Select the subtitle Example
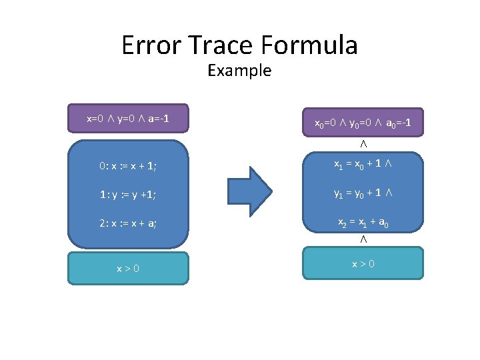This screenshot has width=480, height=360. click(239, 70)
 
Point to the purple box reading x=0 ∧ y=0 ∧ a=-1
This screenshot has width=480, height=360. click(128, 119)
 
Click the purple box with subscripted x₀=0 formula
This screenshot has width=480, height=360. click(363, 123)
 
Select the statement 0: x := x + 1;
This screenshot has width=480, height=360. click(125, 166)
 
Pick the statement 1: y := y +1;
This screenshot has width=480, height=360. click(125, 195)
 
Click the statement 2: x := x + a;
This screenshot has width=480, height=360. click(125, 223)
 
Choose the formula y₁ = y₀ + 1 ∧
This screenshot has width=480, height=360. click(363, 194)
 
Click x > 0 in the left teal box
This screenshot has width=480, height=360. click(127, 268)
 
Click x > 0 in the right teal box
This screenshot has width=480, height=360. click(363, 263)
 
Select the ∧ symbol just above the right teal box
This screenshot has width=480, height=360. click(363, 239)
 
